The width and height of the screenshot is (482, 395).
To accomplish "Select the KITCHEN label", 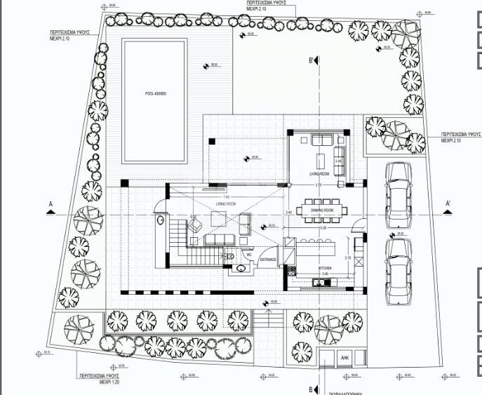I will (x=324, y=268).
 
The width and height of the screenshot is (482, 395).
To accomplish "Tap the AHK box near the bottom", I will (x=344, y=357).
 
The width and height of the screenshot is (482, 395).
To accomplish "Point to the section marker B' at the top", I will (x=311, y=61).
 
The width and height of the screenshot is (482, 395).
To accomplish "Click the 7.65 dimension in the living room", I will (x=226, y=198).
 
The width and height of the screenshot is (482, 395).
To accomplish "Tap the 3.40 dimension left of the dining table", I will (x=288, y=212).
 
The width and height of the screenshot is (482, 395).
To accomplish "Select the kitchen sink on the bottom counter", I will (x=319, y=283).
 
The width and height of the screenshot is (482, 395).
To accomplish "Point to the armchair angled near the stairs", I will (x=195, y=224).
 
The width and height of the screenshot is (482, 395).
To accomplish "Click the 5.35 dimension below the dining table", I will (x=322, y=229).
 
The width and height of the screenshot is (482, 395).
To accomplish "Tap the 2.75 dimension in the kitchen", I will (x=349, y=258).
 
